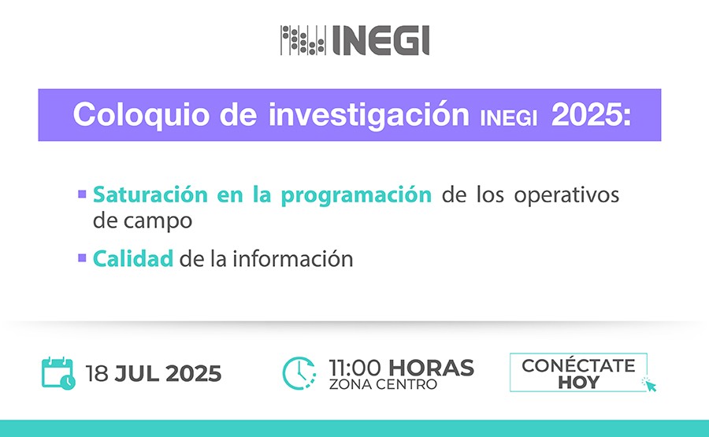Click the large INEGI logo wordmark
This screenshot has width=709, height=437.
coord(380,40)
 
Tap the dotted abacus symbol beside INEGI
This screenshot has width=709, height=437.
coord(303,40)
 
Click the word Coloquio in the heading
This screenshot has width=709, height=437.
coord(142,115)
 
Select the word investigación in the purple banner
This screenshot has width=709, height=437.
coord(369,115)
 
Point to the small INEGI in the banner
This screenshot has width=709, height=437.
coord(509,118)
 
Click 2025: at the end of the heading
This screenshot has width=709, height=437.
coord(591,115)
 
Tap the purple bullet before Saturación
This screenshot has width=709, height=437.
coord(82,194)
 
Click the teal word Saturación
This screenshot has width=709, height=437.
coord(150,194)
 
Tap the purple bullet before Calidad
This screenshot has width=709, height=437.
coord(82,258)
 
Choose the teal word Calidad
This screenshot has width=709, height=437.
coord(133,259)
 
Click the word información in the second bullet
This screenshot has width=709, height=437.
coord(292,259)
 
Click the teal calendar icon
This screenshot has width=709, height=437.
coord(58,373)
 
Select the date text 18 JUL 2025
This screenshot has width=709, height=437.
coord(154,374)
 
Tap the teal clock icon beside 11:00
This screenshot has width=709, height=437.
coord(299,373)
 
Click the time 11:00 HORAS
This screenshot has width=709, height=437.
coord(402,368)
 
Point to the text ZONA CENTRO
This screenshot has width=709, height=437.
coord(384,384)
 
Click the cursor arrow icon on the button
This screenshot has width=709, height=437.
coord(649,384)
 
